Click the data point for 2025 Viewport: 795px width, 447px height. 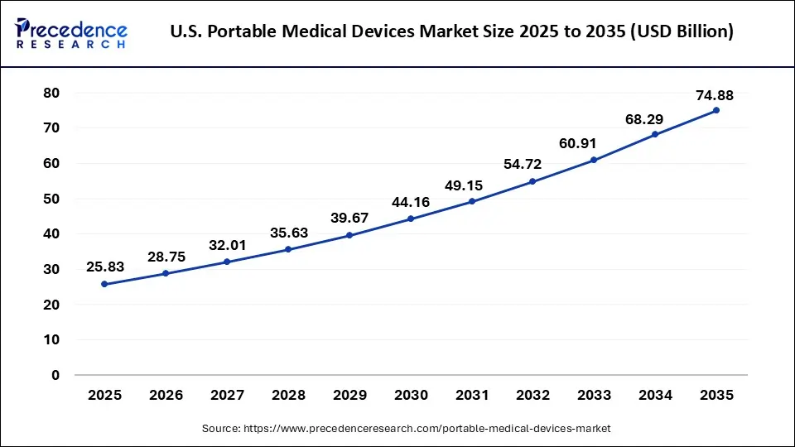pos(104,284)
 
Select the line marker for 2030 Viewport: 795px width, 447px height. pos(411,219)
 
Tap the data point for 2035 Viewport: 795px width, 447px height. pos(716,110)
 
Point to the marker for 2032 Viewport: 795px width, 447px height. pos(532,181)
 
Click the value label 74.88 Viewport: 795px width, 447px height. pos(715,95)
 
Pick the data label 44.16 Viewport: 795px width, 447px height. pos(411,203)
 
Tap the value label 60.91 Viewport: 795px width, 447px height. pos(594,143)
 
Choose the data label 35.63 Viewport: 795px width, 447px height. pos(288,233)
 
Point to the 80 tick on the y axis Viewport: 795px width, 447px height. pos(51,93)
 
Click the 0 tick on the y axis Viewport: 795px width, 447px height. pos(55,375)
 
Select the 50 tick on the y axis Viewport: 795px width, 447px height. pos(51,199)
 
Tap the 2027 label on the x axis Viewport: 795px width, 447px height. pos(227,396)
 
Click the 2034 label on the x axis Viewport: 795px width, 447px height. pos(655,396)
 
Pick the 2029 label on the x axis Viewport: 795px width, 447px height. pos(349,396)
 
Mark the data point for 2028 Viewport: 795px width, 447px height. pos(288,249)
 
